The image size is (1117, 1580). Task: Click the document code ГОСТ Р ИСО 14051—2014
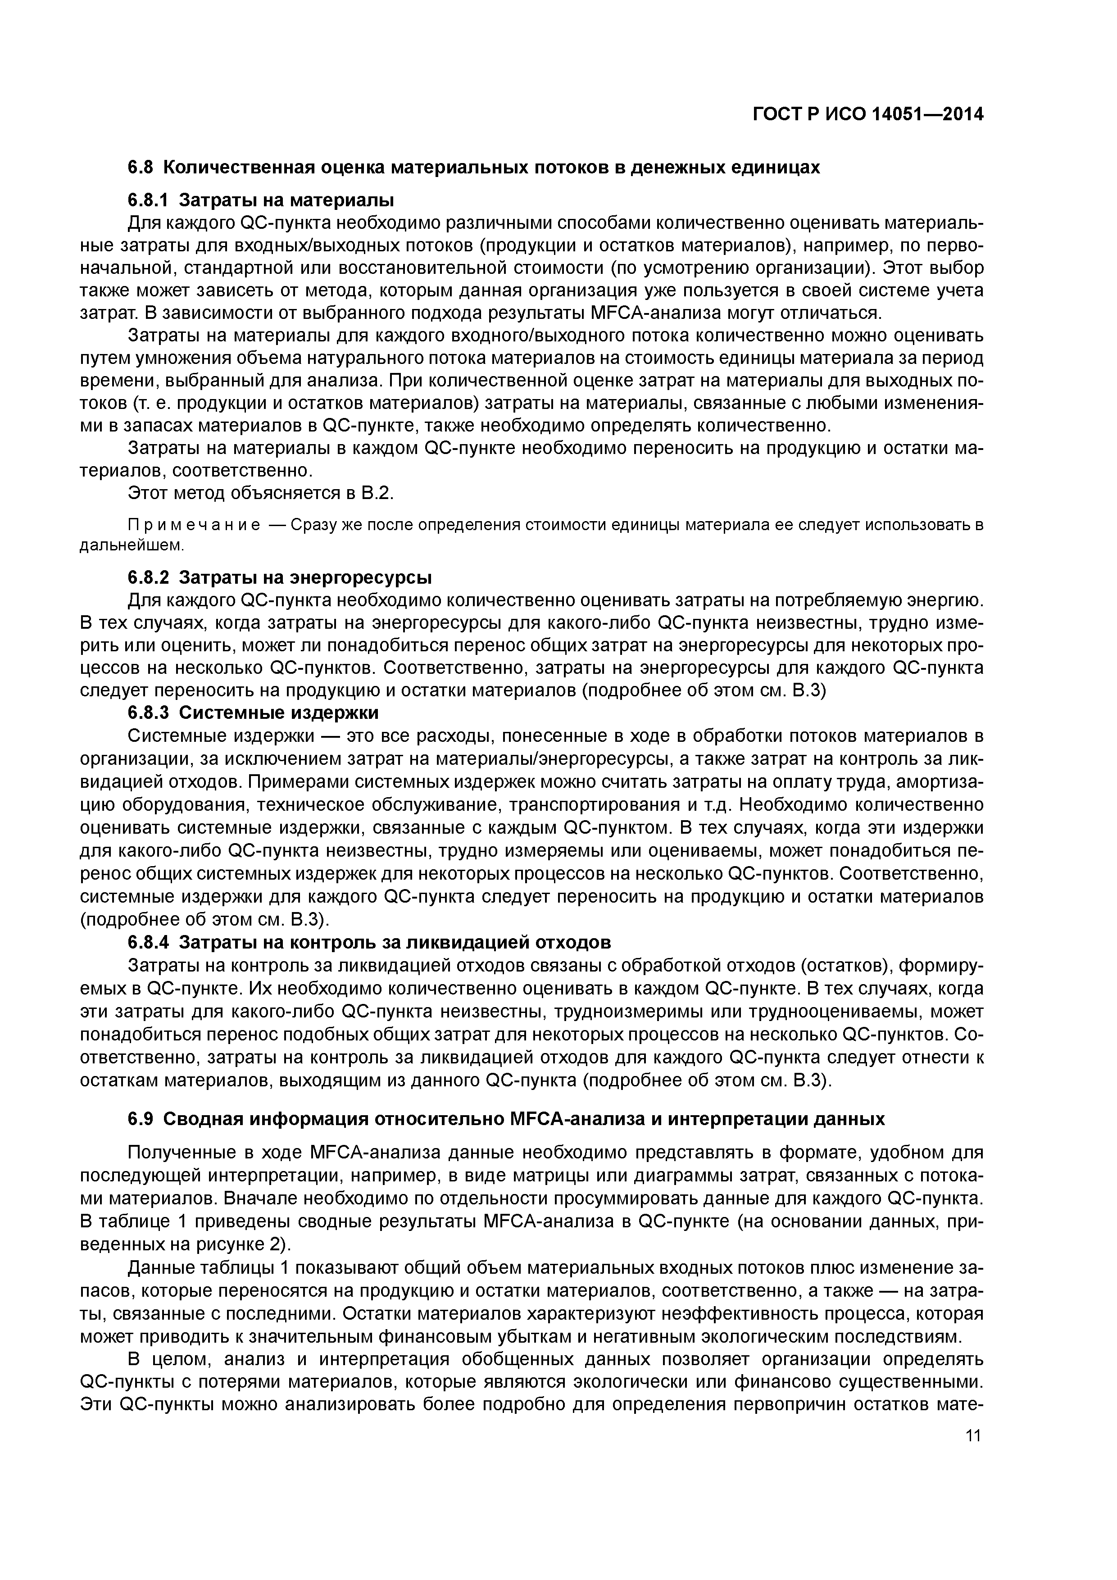(x=867, y=115)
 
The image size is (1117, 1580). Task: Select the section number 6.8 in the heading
(x=142, y=167)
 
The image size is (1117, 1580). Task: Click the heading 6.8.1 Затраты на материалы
(x=262, y=200)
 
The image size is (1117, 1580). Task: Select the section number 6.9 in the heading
(x=142, y=1120)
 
